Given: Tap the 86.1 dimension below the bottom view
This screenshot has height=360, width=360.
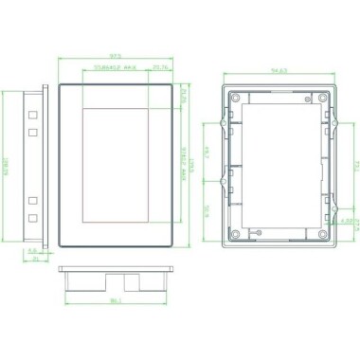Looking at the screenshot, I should [x=115, y=301].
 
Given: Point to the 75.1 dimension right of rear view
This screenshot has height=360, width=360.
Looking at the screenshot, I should [x=346, y=167].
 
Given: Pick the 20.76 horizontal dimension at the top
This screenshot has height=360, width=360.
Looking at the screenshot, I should [x=159, y=68].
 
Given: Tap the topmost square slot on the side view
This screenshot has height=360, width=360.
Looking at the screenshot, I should [x=32, y=112].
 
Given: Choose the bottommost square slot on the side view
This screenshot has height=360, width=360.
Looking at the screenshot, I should [x=32, y=218].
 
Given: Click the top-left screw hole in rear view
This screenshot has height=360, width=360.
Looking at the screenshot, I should [x=235, y=98].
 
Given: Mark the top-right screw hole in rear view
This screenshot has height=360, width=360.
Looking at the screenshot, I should [x=323, y=98].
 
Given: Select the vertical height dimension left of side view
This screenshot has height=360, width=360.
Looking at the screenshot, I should [x=7, y=167].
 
